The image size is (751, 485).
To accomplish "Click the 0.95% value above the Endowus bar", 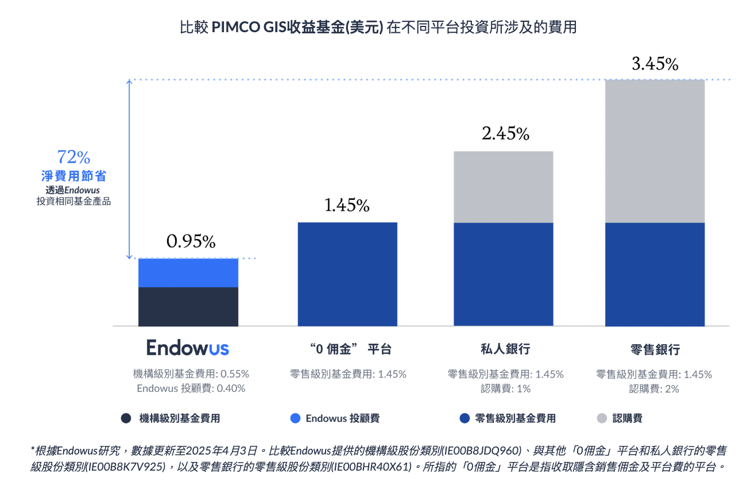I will (191, 242).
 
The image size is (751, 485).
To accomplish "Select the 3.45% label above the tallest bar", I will (655, 64).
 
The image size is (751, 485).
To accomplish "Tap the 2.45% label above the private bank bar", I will (505, 134).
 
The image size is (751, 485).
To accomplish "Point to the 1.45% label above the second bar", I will (347, 206).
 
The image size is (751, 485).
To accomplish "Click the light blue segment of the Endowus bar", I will (188, 273).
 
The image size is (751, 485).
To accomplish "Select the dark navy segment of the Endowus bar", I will (188, 306).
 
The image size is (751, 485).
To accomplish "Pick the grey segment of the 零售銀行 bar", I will (655, 151).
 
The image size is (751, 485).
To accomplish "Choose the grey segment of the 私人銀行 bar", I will (504, 187).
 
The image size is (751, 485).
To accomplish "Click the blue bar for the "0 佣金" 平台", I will (347, 274).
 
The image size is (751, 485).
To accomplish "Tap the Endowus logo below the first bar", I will (188, 348).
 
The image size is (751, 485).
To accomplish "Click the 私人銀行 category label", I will (505, 349).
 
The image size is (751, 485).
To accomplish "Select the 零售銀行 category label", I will (655, 349).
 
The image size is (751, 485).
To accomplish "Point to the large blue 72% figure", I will (73, 157).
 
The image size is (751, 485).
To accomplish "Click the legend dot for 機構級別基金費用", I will (126, 418).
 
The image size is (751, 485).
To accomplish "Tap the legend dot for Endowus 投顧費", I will (296, 418).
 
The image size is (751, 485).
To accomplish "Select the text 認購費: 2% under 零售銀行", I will (654, 388).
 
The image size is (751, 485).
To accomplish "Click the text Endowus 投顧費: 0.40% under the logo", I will (191, 388).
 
